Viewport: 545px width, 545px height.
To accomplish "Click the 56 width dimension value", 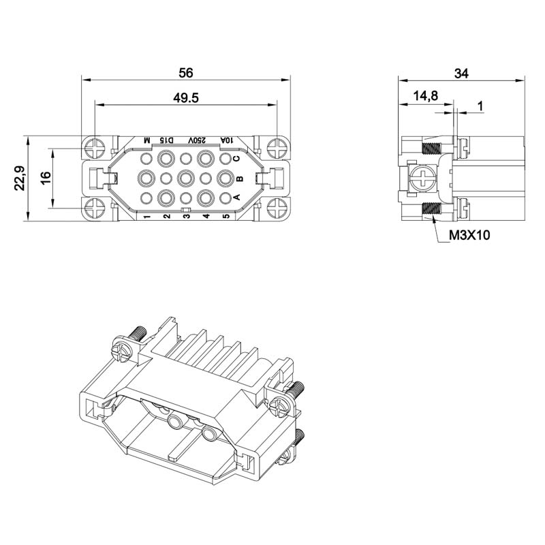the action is (x=185, y=73).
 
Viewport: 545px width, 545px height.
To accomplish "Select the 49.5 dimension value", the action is (x=186, y=98).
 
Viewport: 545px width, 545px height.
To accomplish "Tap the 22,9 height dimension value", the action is (x=20, y=178).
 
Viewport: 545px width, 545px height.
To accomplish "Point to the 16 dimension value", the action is (x=46, y=178).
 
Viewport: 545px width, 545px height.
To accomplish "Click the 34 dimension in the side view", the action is (x=461, y=74).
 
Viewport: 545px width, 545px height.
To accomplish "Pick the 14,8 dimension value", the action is (x=425, y=95).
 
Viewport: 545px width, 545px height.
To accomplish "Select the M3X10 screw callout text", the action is (x=469, y=235).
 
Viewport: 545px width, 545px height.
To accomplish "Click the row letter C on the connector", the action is (x=236, y=159).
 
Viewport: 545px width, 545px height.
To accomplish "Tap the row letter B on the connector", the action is (x=240, y=178).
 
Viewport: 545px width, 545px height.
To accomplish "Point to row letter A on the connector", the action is (x=236, y=198).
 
